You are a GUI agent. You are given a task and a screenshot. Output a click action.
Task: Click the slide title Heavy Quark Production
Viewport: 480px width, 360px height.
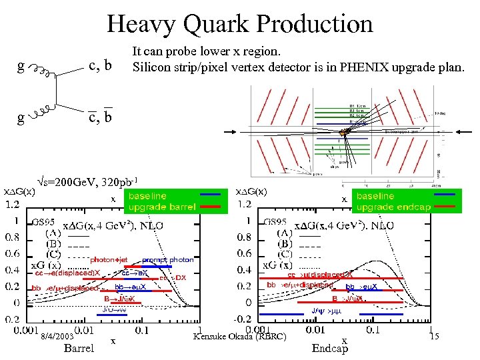click(x=240, y=24)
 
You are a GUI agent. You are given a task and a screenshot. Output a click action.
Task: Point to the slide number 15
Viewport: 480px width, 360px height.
click(x=434, y=337)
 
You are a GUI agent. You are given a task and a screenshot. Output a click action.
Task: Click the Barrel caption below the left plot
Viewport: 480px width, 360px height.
click(x=79, y=348)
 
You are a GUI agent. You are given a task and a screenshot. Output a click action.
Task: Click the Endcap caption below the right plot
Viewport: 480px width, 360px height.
click(x=330, y=348)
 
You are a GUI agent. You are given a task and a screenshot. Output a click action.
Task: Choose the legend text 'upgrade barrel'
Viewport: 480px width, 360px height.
click(x=162, y=207)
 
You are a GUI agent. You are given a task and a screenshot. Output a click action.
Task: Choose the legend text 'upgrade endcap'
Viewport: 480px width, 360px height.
click(x=393, y=207)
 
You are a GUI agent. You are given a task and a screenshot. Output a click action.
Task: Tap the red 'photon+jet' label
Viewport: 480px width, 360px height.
click(x=109, y=259)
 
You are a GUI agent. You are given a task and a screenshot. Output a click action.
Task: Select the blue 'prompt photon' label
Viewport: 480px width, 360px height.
click(x=167, y=259)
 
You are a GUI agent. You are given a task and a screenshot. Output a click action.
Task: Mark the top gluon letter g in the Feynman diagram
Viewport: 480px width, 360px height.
click(x=21, y=67)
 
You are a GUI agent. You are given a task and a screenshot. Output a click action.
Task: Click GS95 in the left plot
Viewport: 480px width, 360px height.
click(x=45, y=223)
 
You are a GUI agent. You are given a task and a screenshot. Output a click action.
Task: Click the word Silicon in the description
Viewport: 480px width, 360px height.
click(x=150, y=67)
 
